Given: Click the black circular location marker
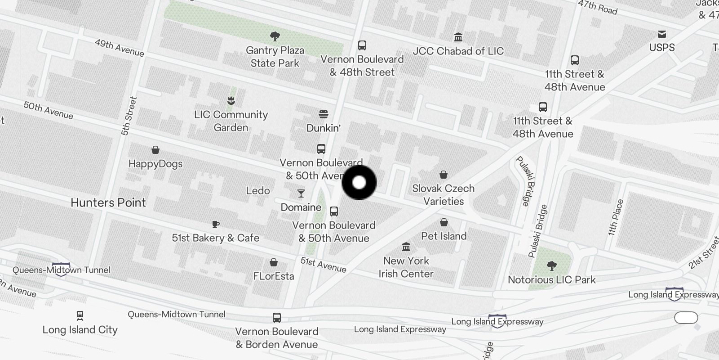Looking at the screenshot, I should point(359,183).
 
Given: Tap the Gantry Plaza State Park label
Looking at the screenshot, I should point(275,57).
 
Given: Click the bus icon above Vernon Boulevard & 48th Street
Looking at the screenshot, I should point(362,45).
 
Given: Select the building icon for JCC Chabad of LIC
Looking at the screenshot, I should point(458,37).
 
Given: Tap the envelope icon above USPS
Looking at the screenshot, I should point(662,34).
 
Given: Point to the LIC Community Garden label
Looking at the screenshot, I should point(231,121).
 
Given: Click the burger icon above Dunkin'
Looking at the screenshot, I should point(324,114).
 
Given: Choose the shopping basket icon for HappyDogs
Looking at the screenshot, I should point(155,150).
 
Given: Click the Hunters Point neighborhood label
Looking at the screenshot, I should point(108,202).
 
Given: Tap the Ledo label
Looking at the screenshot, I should point(258,191).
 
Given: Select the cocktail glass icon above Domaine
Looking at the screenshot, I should point(301,193).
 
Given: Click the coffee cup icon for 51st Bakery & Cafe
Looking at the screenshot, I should point(216,224).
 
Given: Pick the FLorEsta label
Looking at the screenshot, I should point(274,276).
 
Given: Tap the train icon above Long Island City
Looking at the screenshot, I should point(80,315).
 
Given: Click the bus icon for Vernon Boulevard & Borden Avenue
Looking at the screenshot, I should point(277,318).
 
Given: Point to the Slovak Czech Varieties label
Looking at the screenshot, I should point(444,195).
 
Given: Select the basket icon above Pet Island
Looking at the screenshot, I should point(444,222).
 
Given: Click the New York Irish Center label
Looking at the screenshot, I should point(406,267).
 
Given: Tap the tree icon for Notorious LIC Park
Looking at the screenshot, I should point(552,266).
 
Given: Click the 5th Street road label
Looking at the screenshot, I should point(129,116).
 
